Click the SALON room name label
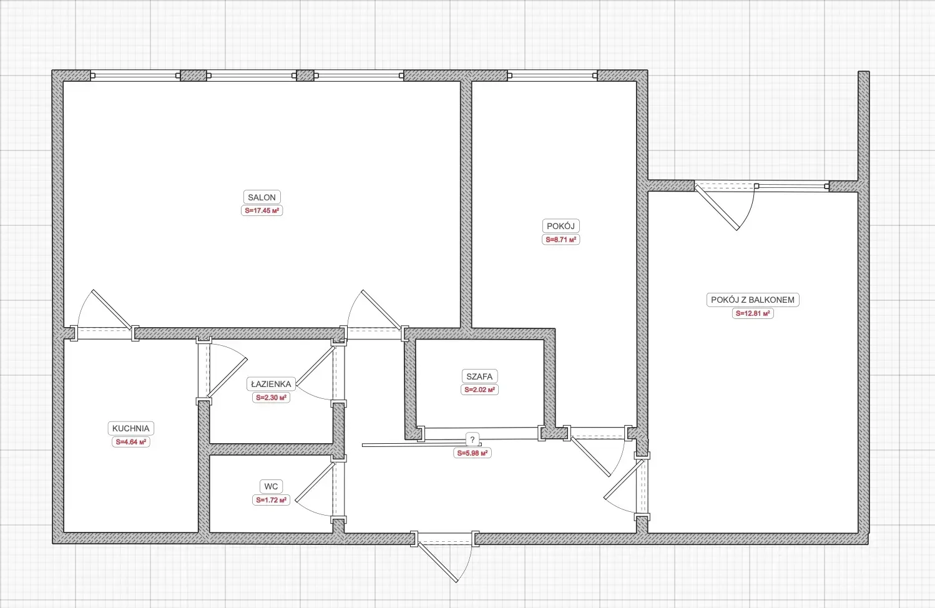pos(262,197)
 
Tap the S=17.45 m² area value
pos(262,210)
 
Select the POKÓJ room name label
pos(561,226)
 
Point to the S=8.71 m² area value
pos(561,240)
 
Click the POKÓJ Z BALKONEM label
pos(753,300)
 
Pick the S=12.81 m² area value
pos(753,313)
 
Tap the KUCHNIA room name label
pos(130,428)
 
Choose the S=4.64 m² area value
pos(130,442)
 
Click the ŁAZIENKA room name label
pos(271,384)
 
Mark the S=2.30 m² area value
pos(271,398)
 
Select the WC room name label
pos(271,486)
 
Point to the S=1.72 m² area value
pos(271,500)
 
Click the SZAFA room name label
pos(479,376)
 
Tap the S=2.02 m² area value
pos(479,390)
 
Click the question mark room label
pos(472,439)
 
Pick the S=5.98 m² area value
pos(472,453)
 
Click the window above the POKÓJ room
pos(552,76)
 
